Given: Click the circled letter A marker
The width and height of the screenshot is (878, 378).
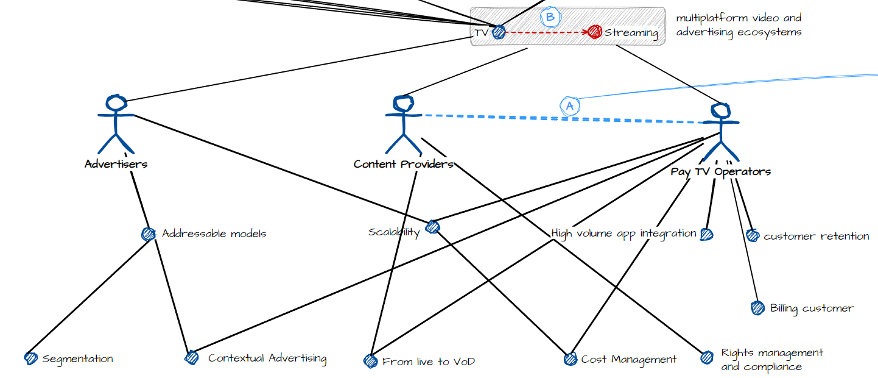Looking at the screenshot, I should pos(569,105).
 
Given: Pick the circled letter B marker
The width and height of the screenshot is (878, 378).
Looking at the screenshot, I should pos(550,17).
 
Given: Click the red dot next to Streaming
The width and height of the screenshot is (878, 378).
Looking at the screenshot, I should pos(595,32).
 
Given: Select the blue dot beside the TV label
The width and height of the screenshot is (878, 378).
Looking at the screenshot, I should pos(499,32).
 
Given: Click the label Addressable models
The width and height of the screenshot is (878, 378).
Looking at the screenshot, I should pos(214,234).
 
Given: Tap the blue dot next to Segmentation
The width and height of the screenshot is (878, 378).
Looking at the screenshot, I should pos(30,358).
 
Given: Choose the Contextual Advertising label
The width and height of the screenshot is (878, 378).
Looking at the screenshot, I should pos(267,358).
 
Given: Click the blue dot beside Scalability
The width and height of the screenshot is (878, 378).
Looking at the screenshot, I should pos(432,227).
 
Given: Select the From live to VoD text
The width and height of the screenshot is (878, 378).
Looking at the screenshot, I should pos(428,362).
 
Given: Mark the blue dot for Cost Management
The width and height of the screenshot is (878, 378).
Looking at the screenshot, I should pos(570,358).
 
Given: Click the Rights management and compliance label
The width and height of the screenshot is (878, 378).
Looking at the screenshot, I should pos(771,360).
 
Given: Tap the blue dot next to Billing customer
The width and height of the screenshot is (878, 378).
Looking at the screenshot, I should pos(757,308).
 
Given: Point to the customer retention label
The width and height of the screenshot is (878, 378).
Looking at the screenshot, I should pos(816,237).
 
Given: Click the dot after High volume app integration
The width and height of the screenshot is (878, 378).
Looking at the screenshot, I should pos(706,234).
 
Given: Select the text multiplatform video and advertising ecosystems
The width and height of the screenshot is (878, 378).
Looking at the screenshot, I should pos(738,25).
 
